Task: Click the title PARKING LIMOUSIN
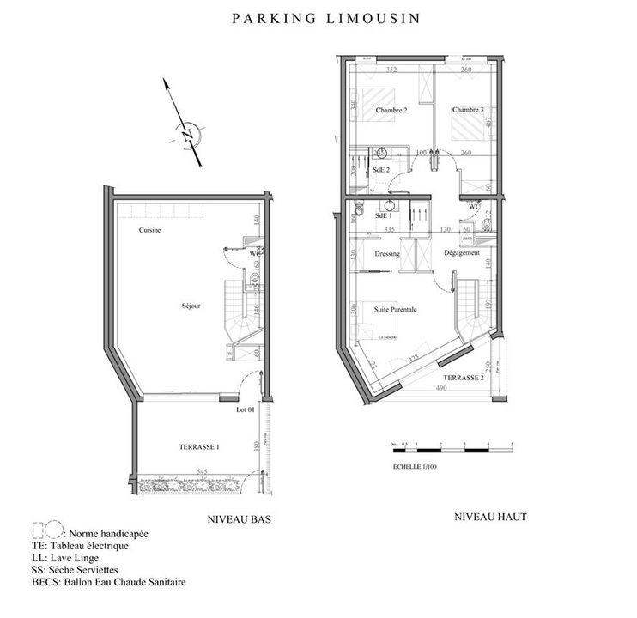point(325,17)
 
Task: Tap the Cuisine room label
point(150,231)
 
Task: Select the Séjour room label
point(191,306)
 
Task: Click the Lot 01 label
point(246,409)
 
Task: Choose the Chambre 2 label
point(391,110)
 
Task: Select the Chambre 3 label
point(468,110)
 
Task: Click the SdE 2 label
point(382,170)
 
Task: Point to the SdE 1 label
point(384,215)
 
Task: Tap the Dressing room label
point(389,253)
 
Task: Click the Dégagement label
point(461,253)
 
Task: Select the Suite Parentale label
point(395,310)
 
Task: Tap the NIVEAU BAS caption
point(235,520)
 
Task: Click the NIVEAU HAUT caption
point(489,517)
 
